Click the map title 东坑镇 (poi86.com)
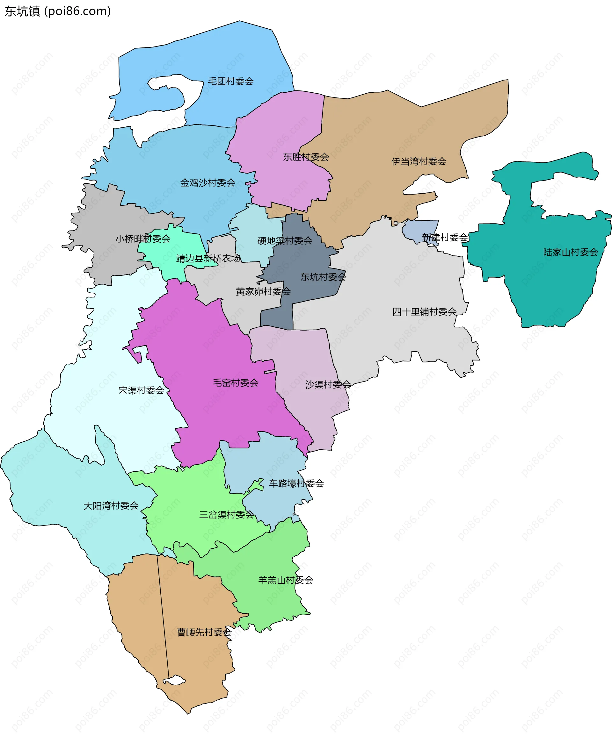(58, 11)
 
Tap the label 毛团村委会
(230, 81)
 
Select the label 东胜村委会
(306, 157)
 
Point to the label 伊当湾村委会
(419, 161)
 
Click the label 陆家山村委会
(570, 252)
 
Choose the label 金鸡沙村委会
(208, 182)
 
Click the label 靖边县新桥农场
(208, 258)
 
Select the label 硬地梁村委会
(285, 240)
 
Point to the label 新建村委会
(445, 237)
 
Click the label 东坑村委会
(323, 277)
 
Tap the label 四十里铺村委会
(424, 311)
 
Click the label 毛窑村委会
(236, 382)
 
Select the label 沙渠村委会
(328, 384)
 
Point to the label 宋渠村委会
(141, 390)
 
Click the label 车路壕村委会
(296, 483)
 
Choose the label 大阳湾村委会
(111, 505)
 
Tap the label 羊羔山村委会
(286, 580)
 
